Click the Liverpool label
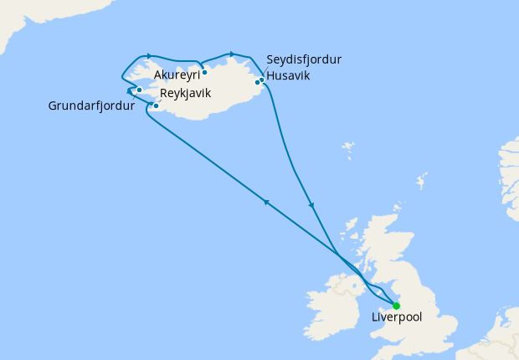click(x=396, y=318)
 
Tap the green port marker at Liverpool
click(x=396, y=305)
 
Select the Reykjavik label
click(x=186, y=92)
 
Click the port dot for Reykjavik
click(x=156, y=105)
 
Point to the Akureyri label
click(x=176, y=75)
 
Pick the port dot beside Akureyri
click(x=204, y=72)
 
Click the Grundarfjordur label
click(x=91, y=106)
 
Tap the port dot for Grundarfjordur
click(x=139, y=90)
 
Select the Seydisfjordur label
click(x=304, y=59)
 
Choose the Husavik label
click(x=289, y=75)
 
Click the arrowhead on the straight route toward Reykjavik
click(x=266, y=202)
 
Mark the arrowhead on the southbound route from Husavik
click(x=311, y=205)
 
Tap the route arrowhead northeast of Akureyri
click(x=232, y=54)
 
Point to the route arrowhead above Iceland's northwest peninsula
click(x=147, y=56)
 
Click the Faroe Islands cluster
click(x=347, y=151)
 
